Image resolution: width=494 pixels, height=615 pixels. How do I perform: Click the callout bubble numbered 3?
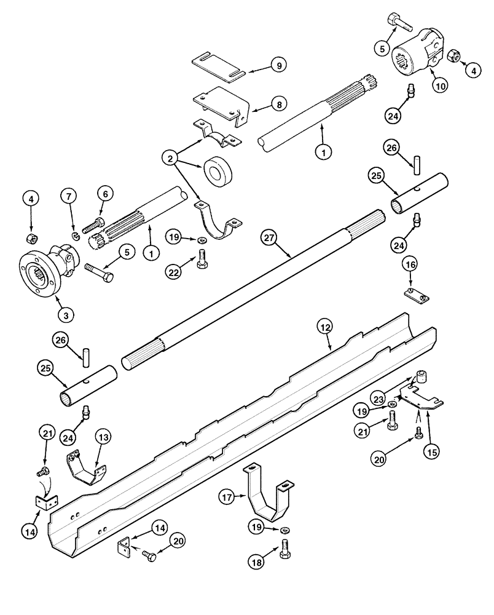(x=66, y=314)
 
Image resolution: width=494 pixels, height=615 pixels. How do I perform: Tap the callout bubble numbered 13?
(x=103, y=438)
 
